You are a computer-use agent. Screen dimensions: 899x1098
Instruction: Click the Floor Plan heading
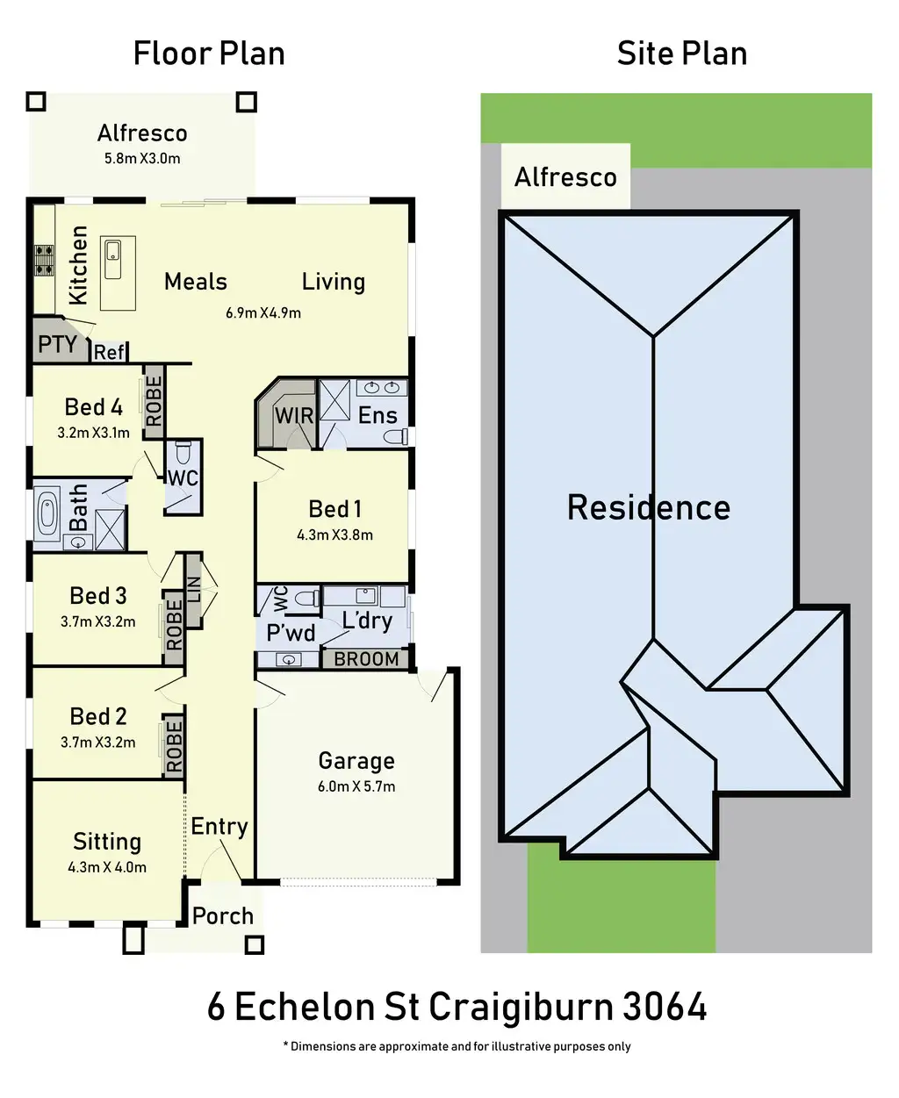pos(209,54)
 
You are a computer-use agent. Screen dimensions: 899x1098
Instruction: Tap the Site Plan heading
pos(681,54)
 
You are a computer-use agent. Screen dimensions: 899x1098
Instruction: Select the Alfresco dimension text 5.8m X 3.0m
pos(142,159)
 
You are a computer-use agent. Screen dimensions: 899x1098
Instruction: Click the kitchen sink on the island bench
pos(112,258)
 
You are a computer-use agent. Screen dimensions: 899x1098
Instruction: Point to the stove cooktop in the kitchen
pos(43,261)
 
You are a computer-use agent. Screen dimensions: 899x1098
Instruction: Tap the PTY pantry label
pos(57,344)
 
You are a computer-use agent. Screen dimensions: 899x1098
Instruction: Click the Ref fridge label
pos(109,352)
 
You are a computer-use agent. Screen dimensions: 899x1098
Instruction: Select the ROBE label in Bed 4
pos(154,401)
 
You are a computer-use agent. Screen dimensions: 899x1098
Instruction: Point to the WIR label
pos(294,416)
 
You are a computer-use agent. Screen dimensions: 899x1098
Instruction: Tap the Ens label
pos(378,415)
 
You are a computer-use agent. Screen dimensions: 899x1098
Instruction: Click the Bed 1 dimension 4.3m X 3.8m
pos(334,535)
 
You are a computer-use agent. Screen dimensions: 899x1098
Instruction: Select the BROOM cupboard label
pos(366,659)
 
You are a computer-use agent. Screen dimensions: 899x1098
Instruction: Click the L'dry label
pos(367,621)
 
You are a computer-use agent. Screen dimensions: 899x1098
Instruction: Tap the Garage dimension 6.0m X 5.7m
pos(356,786)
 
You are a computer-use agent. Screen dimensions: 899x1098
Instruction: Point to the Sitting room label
pos(107,842)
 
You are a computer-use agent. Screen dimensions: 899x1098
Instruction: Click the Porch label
pos(223,915)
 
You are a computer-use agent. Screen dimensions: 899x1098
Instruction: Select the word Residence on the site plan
pos(649,507)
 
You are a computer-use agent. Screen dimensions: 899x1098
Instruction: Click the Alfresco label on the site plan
pos(565,177)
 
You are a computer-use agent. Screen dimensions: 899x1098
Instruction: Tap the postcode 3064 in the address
pos(665,1007)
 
